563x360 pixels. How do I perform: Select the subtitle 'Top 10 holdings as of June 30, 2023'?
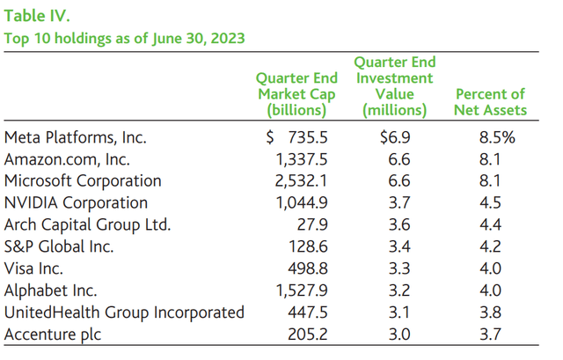[x=125, y=38]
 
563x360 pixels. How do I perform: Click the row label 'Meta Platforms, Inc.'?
[x=76, y=137]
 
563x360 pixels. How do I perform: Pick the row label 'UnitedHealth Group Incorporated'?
[x=123, y=312]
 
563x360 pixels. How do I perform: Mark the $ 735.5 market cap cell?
[x=298, y=137]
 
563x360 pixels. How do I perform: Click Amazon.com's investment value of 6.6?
[x=399, y=158]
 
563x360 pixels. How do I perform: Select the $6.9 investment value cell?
[x=395, y=137]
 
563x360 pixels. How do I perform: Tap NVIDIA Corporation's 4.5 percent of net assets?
[x=493, y=202]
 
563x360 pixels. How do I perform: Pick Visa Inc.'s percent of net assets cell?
[x=493, y=268]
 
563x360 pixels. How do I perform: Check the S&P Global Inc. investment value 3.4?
[x=399, y=246]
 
